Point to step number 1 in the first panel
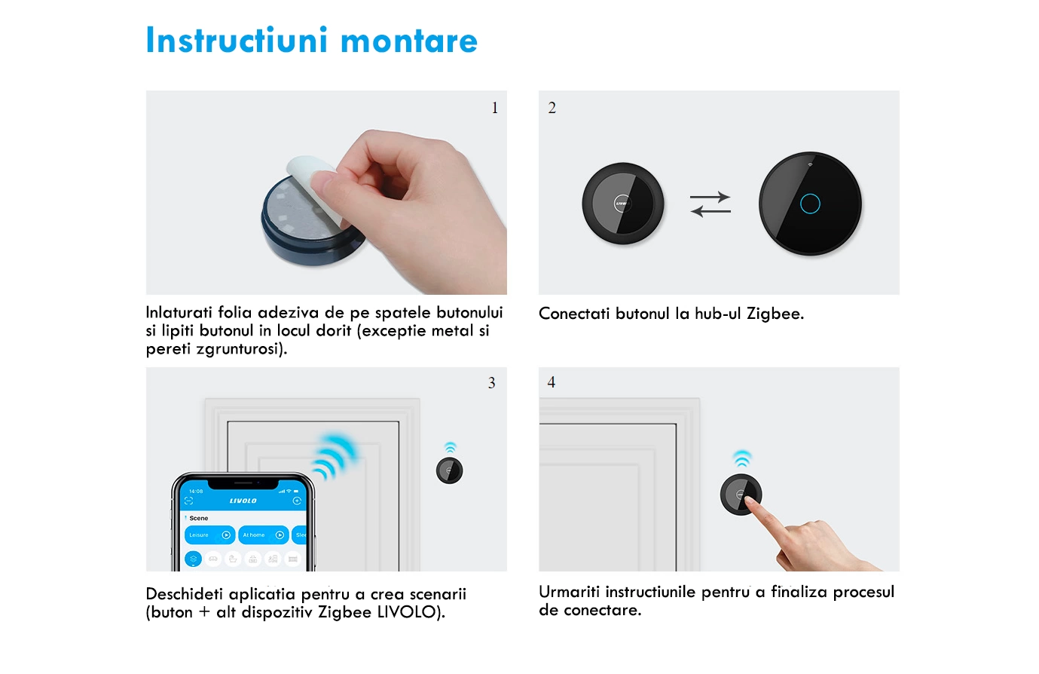pyautogui.click(x=495, y=108)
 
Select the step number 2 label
pyautogui.click(x=552, y=108)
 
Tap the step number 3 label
pyautogui.click(x=492, y=383)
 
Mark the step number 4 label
pyautogui.click(x=552, y=382)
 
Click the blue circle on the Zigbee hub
pyautogui.click(x=810, y=204)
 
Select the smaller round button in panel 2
pyautogui.click(x=623, y=204)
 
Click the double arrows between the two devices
pyautogui.click(x=710, y=204)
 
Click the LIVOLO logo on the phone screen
pyautogui.click(x=243, y=501)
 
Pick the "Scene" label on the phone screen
pyautogui.click(x=199, y=518)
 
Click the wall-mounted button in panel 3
pyautogui.click(x=450, y=470)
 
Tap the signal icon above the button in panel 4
pyautogui.click(x=742, y=458)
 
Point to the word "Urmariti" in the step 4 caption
pyautogui.click(x=569, y=592)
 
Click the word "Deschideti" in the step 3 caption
pyautogui.click(x=185, y=594)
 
